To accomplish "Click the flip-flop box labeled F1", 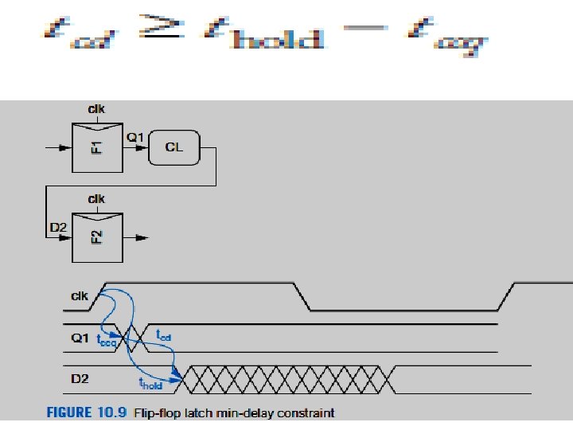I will (97, 147).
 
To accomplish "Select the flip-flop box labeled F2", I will (97, 237).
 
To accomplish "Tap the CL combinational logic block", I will (173, 147).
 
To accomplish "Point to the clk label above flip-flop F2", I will (97, 197).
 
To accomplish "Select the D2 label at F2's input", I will (57, 229).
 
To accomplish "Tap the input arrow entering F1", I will (58, 147).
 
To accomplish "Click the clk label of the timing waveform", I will (79, 296).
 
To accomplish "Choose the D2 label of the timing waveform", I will (79, 377).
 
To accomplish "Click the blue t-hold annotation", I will (150, 384).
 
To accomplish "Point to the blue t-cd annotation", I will (165, 336).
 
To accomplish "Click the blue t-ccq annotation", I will (106, 342).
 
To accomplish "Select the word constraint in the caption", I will (307, 412).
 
